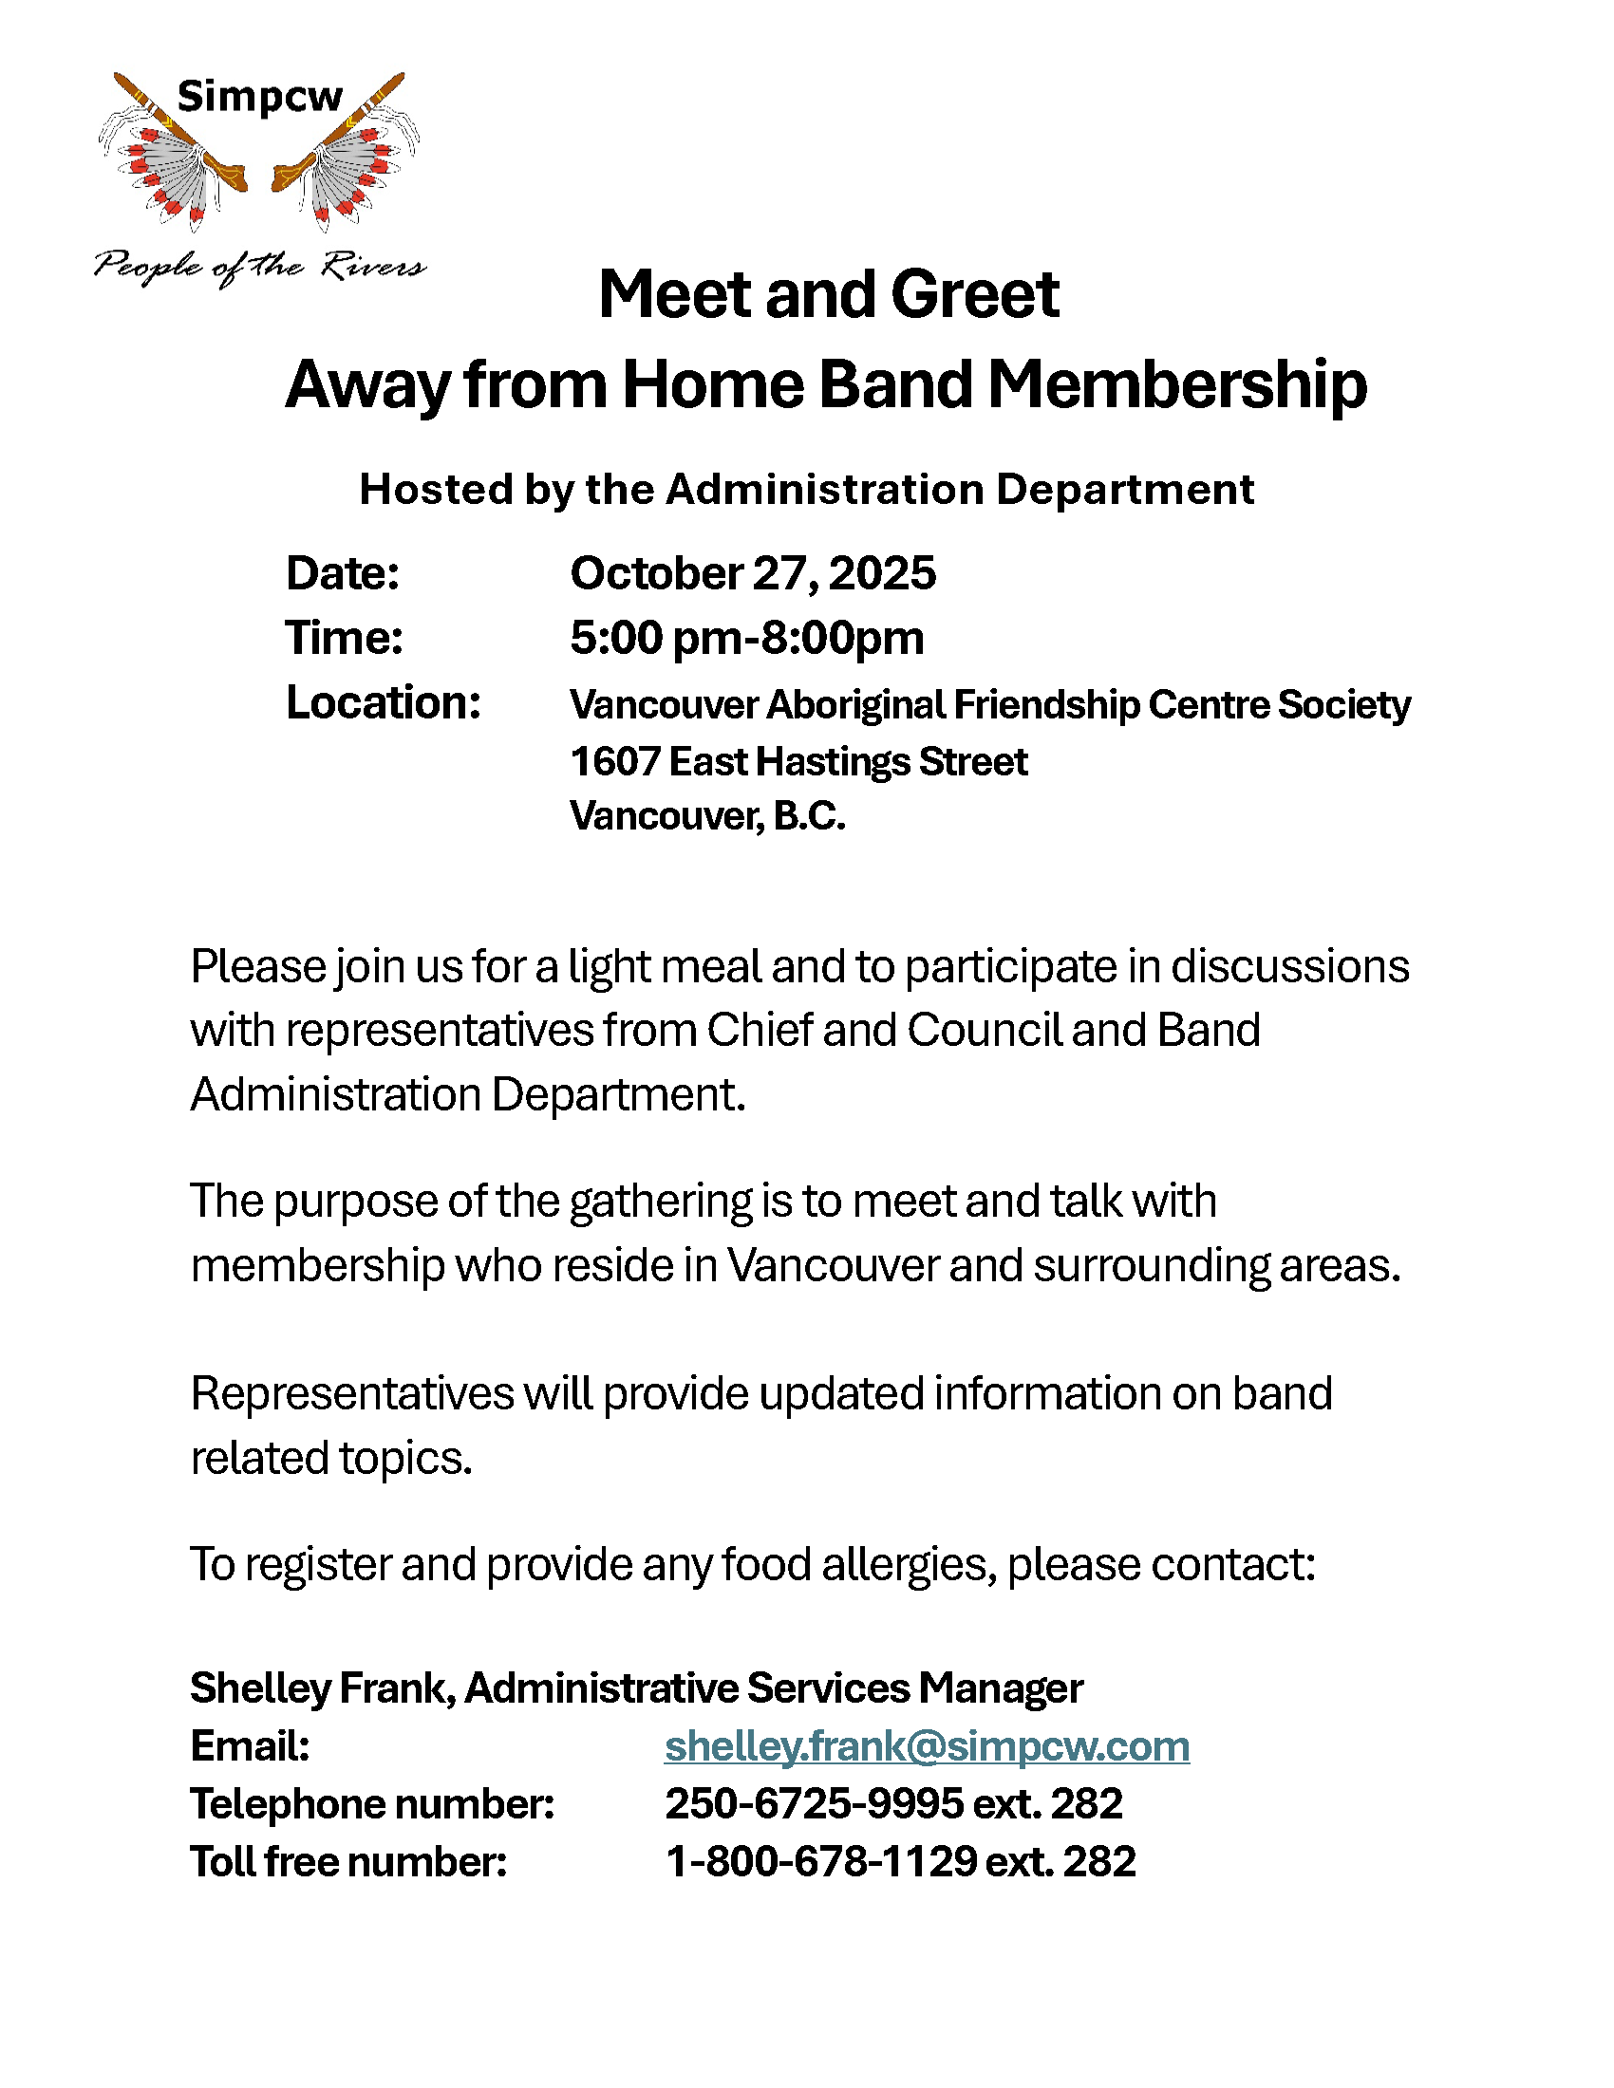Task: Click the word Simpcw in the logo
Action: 259,97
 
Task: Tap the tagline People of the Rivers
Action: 259,266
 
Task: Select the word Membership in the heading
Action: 1177,384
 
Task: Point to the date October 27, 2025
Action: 753,573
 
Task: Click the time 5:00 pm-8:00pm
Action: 747,638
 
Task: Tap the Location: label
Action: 383,702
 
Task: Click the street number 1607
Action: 613,762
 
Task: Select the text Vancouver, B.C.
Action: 707,816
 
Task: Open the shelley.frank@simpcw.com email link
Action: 927,1746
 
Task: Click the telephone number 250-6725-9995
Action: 814,1804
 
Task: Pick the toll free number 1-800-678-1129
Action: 820,1861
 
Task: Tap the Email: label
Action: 250,1746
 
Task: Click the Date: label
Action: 343,573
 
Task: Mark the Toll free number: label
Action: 348,1861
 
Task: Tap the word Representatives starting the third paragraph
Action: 351,1394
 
